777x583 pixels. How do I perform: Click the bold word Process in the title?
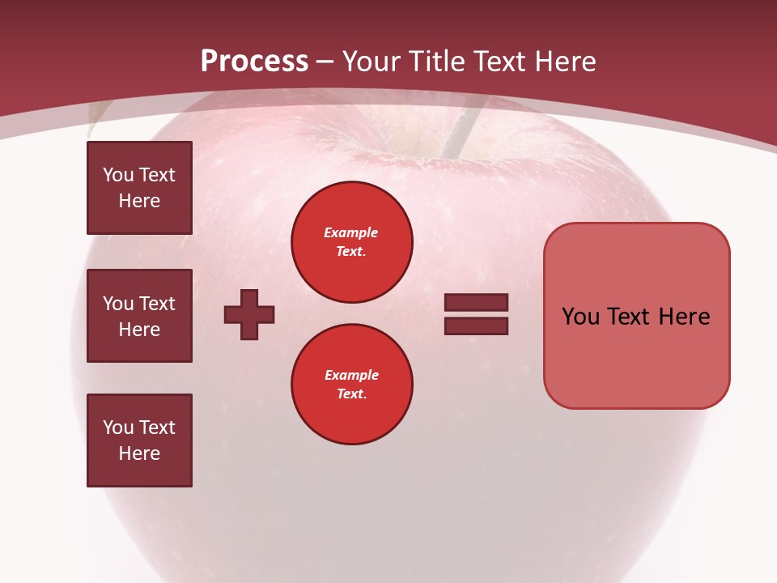coord(254,61)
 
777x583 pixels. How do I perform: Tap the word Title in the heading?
coord(434,62)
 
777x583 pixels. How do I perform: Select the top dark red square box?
coord(139,188)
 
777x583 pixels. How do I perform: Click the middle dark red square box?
coord(139,316)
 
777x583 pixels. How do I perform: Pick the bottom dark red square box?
coord(139,440)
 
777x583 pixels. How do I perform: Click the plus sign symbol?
coord(248,314)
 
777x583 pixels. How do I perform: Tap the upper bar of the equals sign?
coord(476,302)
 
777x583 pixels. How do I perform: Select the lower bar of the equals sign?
coord(476,326)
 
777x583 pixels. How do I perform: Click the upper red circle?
coord(351,242)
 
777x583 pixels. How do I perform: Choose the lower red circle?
coord(351,385)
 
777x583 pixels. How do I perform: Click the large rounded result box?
coord(636,315)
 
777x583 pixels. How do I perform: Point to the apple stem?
coord(458,134)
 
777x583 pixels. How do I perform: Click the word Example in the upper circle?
coord(350,232)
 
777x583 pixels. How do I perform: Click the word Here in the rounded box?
coord(684,317)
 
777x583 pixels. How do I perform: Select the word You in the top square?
coord(118,175)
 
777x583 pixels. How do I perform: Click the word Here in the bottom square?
coord(139,453)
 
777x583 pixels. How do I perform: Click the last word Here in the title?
coord(565,62)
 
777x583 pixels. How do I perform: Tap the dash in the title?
coord(325,62)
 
